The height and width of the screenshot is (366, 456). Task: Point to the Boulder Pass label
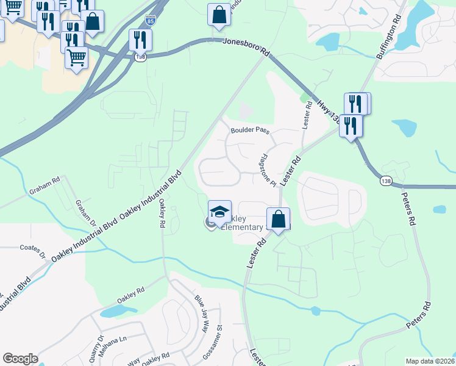point(249,131)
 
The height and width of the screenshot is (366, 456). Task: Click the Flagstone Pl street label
point(268,170)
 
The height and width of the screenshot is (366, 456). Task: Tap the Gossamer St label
point(218,337)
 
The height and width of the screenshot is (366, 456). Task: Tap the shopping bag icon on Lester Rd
point(278,219)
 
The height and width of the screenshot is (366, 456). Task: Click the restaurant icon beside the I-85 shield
point(140,40)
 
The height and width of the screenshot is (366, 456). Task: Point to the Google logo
point(20,359)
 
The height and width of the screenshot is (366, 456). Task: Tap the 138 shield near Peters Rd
point(385,182)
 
